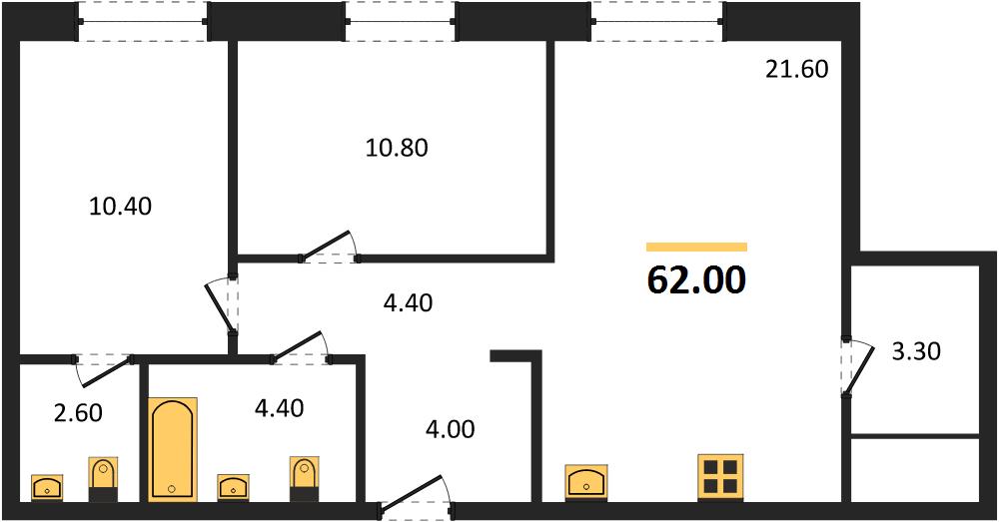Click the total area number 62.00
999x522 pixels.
pyautogui.click(x=695, y=280)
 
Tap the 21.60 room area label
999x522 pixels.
pyautogui.click(x=796, y=69)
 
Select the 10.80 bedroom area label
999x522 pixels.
pyautogui.click(x=397, y=148)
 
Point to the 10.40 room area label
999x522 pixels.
pyautogui.click(x=121, y=206)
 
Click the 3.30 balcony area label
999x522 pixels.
pyautogui.click(x=916, y=350)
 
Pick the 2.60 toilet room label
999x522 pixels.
pyautogui.click(x=78, y=412)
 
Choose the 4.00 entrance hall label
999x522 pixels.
pyautogui.click(x=451, y=429)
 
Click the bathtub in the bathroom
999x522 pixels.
pyautogui.click(x=173, y=449)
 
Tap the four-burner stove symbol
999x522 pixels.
pyautogui.click(x=720, y=476)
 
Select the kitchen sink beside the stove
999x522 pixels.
pyautogui.click(x=586, y=480)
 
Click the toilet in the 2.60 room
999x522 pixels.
pyautogui.click(x=103, y=479)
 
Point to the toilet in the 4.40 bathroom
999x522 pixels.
pyautogui.click(x=305, y=479)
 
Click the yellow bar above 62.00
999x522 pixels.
pyautogui.click(x=696, y=247)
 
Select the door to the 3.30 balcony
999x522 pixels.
pyautogui.click(x=856, y=367)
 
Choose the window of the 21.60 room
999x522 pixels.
pyautogui.click(x=658, y=22)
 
